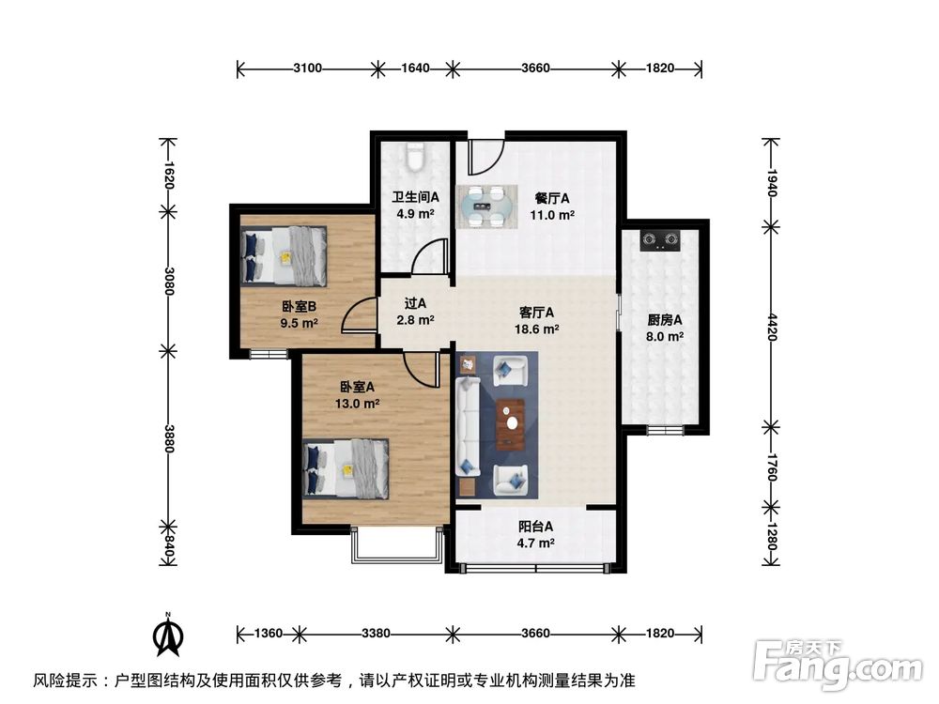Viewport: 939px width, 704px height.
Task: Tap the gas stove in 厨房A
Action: pyautogui.click(x=661, y=241)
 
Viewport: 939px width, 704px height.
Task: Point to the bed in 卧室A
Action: pyautogui.click(x=346, y=467)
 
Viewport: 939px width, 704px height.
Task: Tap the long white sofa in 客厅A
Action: pyautogui.click(x=468, y=425)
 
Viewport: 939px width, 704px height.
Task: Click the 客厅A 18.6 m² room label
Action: pyautogui.click(x=536, y=321)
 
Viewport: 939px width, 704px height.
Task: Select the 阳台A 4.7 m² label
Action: pyautogui.click(x=535, y=534)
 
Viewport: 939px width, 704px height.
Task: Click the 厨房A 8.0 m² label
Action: pyautogui.click(x=665, y=327)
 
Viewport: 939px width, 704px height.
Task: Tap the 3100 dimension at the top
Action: pyautogui.click(x=308, y=69)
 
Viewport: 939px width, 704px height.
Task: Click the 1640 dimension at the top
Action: pyautogui.click(x=415, y=69)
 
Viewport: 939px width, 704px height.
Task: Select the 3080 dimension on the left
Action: pyautogui.click(x=169, y=280)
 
